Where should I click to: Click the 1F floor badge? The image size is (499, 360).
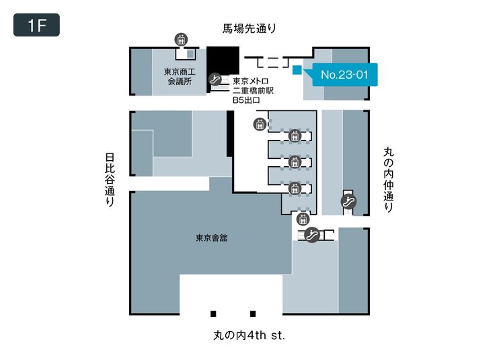coord(36,25)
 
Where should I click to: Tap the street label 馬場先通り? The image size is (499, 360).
coord(249,28)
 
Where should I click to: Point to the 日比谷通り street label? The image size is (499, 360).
coord(110,179)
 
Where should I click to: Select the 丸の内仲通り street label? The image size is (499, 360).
coord(388,180)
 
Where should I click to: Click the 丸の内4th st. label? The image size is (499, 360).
coord(249,335)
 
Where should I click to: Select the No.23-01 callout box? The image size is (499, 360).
coord(344,74)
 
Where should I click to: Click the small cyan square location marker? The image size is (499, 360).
coord(297,68)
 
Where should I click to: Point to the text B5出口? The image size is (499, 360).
coord(246,100)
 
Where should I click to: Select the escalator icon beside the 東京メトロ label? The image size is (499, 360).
coord(216,79)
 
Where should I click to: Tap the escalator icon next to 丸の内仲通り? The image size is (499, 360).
coord(349,200)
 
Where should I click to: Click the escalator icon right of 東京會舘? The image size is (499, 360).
coord(311,234)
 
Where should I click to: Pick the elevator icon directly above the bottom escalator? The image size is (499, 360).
coord(302,218)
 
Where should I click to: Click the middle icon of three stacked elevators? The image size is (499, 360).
coord(293,162)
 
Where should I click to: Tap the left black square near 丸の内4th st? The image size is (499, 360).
coord(213,313)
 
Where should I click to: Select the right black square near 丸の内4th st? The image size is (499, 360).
coord(253,313)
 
